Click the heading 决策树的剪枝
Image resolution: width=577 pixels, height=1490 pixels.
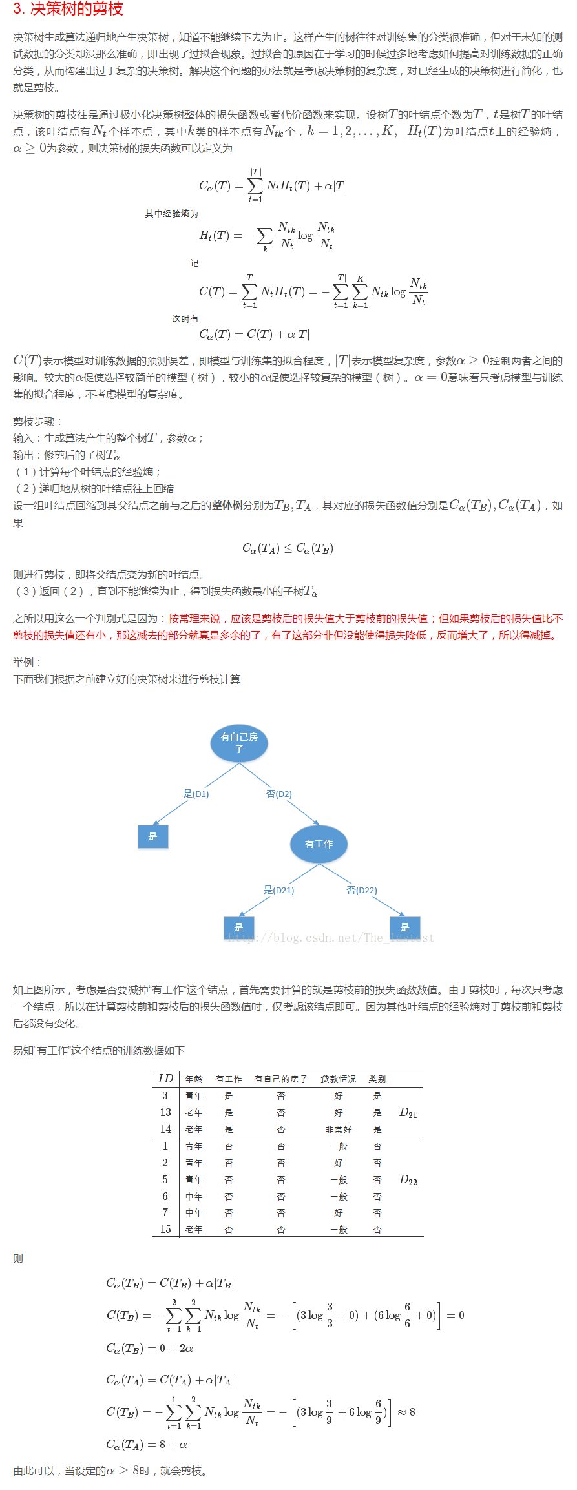[x=68, y=9]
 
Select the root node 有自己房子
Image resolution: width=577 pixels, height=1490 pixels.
[x=239, y=743]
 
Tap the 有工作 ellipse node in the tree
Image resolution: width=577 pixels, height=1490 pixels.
[x=319, y=843]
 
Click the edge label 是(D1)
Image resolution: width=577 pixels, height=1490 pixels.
[x=196, y=794]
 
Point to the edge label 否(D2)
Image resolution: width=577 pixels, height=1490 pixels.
[x=279, y=794]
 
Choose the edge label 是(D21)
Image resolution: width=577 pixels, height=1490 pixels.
[x=278, y=890]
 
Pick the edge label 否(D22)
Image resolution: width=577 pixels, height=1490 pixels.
[x=362, y=890]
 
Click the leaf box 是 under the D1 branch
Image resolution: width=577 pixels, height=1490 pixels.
[x=153, y=836]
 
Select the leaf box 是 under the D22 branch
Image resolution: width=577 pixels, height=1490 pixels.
[x=405, y=927]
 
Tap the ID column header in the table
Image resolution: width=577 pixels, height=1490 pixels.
[x=165, y=1079]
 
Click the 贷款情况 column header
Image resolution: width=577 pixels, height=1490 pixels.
[x=338, y=1079]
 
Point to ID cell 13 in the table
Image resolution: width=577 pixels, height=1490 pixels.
[x=165, y=1112]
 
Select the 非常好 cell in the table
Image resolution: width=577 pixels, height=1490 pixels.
[x=338, y=1130]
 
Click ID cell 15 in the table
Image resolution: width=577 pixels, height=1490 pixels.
[x=165, y=1230]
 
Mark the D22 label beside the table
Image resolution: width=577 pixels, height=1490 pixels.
[x=408, y=1180]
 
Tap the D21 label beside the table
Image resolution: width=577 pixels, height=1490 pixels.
[x=408, y=1113]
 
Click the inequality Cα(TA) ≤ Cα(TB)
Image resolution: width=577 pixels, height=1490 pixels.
[x=288, y=548]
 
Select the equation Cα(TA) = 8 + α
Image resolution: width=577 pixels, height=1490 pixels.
[x=147, y=1444]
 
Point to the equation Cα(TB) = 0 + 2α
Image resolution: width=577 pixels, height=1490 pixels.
[x=149, y=1348]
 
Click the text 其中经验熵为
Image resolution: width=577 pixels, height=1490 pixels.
[x=171, y=214]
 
